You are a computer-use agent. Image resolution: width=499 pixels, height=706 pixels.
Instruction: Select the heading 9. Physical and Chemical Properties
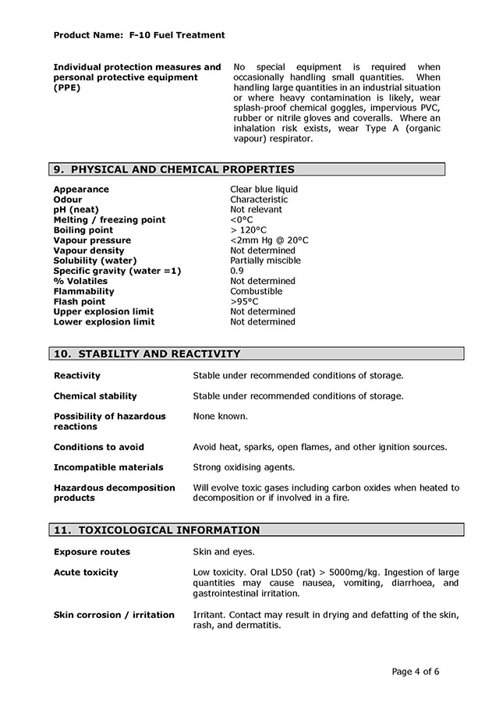174,169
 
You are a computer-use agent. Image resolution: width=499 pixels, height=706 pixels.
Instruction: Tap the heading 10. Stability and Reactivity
147,354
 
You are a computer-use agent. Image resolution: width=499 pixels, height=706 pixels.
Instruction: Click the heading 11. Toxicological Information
157,530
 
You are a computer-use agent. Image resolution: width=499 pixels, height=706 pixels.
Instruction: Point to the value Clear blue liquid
264,190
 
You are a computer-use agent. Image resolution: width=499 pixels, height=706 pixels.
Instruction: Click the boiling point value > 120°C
248,230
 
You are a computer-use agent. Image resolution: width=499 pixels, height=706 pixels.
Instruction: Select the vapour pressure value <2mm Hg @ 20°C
269,240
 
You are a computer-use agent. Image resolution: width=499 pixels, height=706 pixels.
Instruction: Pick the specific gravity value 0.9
237,271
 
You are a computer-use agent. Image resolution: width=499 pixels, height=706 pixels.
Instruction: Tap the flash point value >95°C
244,301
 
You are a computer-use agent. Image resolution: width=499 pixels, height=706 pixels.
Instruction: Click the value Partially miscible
265,261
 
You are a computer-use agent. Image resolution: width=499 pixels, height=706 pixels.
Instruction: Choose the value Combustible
256,291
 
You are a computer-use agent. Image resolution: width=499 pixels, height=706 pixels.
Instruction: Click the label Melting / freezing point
109,220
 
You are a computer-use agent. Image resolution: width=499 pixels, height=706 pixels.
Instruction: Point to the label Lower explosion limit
104,321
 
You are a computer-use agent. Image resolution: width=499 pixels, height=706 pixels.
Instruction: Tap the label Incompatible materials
108,467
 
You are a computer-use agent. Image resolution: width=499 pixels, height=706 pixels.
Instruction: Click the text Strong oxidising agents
243,467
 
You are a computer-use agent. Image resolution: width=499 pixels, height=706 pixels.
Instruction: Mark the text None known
220,417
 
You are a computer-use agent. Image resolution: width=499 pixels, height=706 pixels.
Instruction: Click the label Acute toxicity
86,573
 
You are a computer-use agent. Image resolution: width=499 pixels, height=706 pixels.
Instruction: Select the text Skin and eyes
225,552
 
